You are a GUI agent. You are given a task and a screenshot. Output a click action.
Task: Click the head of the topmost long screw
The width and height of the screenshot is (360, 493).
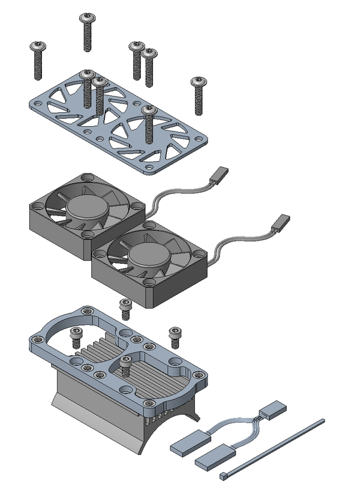[x=88, y=17]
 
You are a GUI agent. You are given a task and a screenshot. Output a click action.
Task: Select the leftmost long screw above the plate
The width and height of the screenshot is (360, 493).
[x=39, y=60]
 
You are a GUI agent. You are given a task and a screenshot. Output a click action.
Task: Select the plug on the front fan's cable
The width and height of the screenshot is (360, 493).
[x=281, y=224]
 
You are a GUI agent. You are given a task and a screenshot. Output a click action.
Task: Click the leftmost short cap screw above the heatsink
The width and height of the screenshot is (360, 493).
[x=76, y=337]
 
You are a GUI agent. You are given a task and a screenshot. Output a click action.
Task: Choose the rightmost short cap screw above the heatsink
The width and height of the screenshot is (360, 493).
[x=175, y=336]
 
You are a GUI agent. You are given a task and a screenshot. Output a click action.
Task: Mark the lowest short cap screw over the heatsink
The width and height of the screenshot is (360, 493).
[x=126, y=366]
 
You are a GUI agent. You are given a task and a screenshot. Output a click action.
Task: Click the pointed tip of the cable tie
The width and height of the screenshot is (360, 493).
[x=322, y=421]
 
